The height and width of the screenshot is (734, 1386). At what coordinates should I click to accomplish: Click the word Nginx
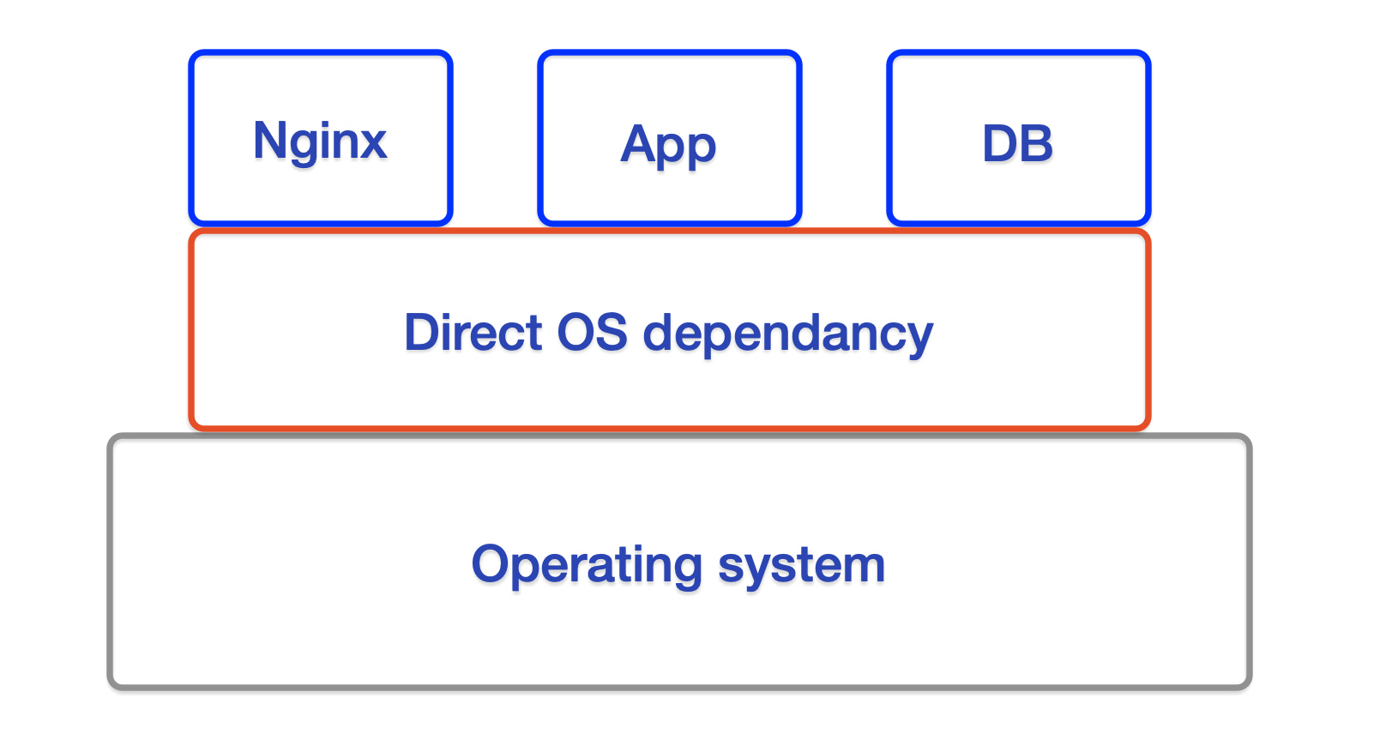coord(320,141)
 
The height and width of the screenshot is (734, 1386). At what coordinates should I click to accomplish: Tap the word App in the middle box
coord(668,144)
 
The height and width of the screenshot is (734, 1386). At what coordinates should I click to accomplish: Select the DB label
coord(1017,143)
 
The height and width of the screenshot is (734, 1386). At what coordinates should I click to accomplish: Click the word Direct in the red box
coord(473,333)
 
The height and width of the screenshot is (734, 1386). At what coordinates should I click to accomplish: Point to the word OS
coord(592,333)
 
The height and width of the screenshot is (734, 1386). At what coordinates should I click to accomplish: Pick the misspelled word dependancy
coord(787,334)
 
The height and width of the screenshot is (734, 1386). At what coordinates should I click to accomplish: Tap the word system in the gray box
coord(801,566)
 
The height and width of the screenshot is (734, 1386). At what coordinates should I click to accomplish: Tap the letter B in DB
coord(1036,143)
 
